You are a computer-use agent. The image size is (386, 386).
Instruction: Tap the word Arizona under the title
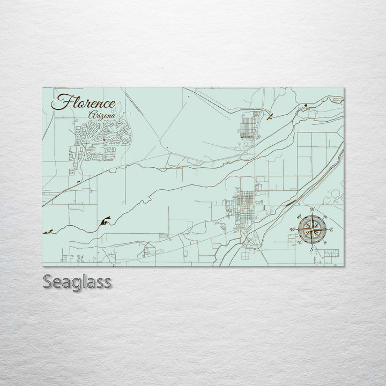point(102,115)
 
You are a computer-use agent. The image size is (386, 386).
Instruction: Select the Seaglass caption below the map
point(77,281)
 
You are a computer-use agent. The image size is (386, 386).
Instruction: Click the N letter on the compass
point(312,209)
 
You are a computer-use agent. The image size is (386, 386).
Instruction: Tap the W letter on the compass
point(292,229)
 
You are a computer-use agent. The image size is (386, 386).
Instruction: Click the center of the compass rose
point(311,229)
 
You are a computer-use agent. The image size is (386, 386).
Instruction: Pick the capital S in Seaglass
point(47,281)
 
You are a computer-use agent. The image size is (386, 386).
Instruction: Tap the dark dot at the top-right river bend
point(305,105)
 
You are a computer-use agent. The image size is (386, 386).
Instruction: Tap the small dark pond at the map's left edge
point(48,232)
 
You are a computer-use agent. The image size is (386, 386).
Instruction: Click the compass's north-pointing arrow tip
point(312,214)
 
